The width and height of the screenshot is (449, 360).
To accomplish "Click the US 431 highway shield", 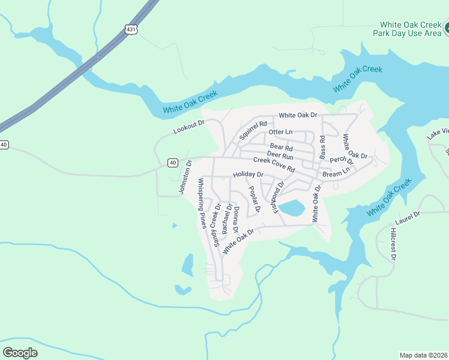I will [x=130, y=29].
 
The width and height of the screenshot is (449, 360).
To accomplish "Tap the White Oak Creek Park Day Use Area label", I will [x=410, y=29].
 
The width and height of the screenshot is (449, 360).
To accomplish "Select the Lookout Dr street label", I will [x=188, y=127].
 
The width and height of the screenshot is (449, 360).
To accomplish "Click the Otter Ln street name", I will [x=280, y=131].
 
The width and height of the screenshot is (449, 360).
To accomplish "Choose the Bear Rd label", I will [x=281, y=147].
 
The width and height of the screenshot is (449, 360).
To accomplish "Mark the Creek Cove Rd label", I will [x=274, y=164].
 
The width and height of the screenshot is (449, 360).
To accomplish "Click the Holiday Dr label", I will [x=249, y=175].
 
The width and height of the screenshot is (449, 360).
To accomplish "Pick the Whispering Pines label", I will [x=202, y=203].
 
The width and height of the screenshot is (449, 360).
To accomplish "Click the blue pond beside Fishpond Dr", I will [x=292, y=209].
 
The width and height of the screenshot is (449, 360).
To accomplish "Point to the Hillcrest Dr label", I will [x=393, y=244].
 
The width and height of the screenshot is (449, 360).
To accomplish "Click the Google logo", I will [x=20, y=352].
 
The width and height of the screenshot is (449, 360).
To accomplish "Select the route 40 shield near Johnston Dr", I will [x=173, y=163].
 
